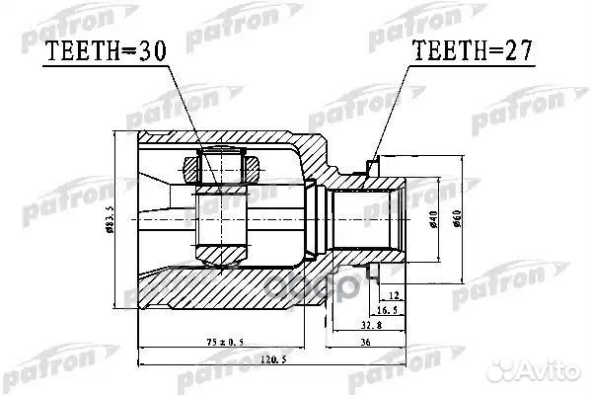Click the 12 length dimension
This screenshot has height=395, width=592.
click(x=395, y=295)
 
